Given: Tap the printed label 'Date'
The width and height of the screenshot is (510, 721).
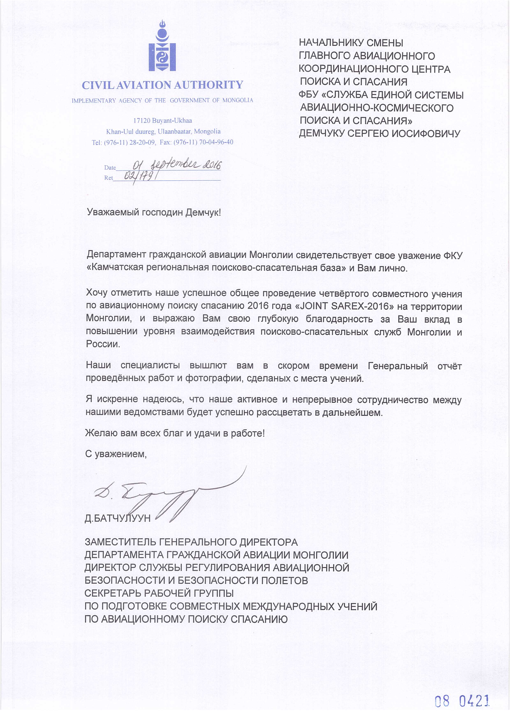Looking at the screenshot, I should click(110, 168).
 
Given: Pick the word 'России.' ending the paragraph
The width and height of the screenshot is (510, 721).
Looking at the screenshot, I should click(103, 344).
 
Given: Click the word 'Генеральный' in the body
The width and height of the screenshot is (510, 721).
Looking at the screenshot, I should click(398, 366).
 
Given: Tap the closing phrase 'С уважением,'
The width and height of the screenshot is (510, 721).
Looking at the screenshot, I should click(116, 454).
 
